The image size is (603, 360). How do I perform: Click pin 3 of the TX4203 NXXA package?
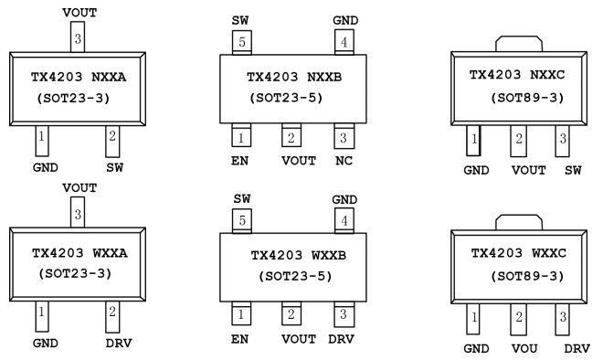point(78,37)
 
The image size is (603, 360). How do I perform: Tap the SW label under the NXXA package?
point(114,168)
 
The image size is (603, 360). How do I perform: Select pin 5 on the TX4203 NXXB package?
point(242,42)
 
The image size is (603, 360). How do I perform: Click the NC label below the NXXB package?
point(344,161)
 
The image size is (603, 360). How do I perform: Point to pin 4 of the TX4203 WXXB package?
point(344,221)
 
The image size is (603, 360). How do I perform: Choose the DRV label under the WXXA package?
point(119,343)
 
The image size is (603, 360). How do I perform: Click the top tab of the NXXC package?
point(519,44)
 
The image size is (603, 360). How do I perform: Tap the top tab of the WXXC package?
point(519,222)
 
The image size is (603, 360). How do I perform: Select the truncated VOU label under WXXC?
point(524,348)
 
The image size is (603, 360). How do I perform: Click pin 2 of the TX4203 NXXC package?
point(519,141)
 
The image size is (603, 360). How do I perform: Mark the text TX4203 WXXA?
point(79,253)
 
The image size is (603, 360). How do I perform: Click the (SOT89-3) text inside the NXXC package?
point(527,98)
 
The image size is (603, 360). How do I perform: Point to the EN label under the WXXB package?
point(239,339)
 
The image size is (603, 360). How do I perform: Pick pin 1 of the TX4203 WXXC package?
point(473,319)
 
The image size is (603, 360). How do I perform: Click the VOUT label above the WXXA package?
point(79,188)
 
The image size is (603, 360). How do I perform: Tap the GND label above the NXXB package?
point(345,20)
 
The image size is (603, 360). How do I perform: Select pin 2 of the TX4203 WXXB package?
point(291,313)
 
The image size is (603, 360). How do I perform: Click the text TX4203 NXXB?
point(294,78)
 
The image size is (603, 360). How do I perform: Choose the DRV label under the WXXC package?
point(577,348)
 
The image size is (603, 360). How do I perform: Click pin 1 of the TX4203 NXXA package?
point(42,141)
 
